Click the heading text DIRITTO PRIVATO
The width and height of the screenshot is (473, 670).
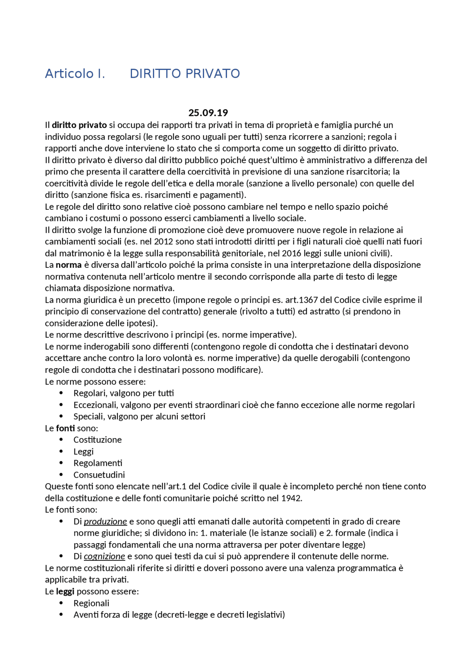pos(185,74)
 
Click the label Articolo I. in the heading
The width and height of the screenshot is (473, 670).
pos(75,74)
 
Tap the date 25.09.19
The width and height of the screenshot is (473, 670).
pos(208,112)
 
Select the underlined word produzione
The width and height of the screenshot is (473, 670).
pos(105,521)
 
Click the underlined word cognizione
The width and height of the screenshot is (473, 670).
pos(104,556)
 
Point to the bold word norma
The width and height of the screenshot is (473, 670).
pos(68,265)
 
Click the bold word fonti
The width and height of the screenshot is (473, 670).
pos(65,428)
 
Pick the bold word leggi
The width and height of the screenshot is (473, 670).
pos(65,591)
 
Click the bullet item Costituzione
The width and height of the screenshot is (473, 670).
pos(98,440)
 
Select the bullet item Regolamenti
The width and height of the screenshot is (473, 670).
pos(98,463)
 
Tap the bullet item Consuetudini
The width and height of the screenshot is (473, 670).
pos(99,475)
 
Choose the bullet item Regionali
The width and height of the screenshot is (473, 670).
pos(91,603)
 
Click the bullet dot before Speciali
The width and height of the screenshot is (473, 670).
pos(61,416)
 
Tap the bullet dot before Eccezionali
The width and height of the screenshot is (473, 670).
pos(61,405)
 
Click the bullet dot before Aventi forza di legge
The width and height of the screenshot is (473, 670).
pos(61,615)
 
